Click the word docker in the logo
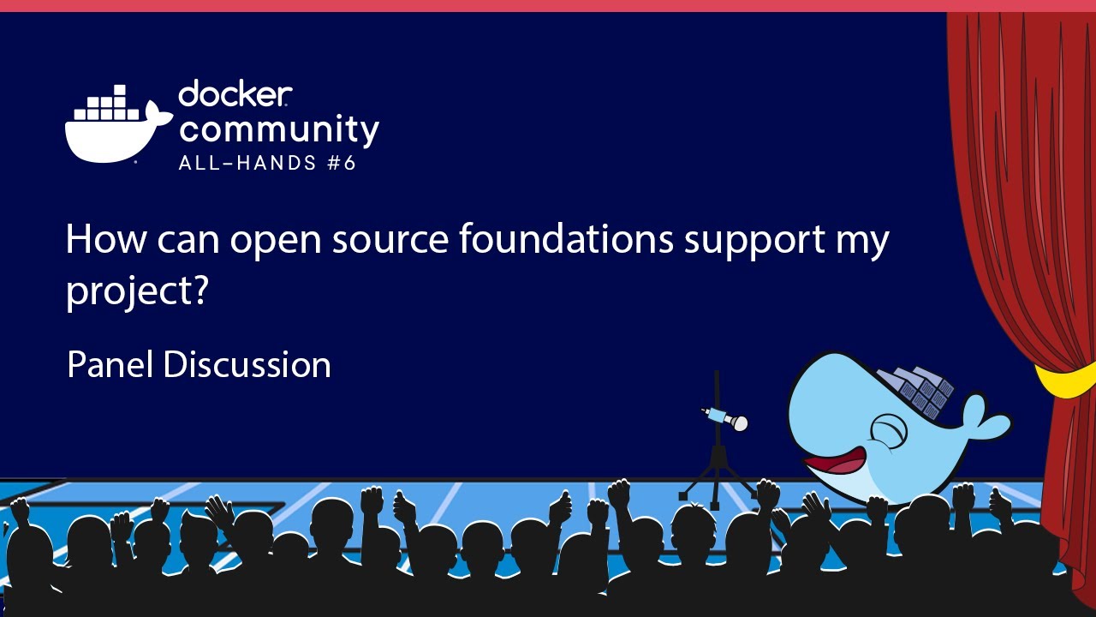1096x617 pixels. [x=235, y=94]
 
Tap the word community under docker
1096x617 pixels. [x=278, y=129]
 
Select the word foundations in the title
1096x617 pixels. [x=566, y=239]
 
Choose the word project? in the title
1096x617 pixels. [x=138, y=292]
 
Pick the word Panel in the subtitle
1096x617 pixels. [x=110, y=365]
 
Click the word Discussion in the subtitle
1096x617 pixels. [x=247, y=365]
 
